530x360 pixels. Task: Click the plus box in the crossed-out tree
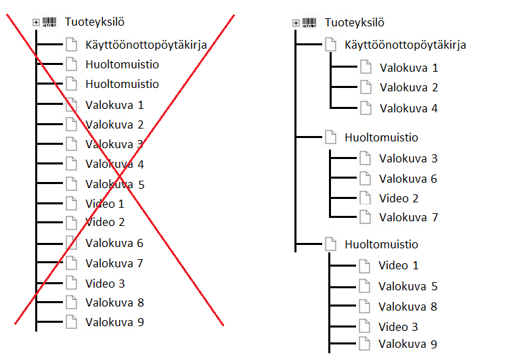point(36,22)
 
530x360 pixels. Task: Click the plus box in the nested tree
point(296,23)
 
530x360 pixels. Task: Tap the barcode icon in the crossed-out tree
point(50,22)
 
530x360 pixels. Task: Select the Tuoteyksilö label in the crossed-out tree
point(95,22)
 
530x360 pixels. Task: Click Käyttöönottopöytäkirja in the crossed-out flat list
point(146,45)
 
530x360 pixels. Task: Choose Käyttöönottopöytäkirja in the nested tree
point(405,45)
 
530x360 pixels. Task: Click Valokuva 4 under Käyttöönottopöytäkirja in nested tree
point(408,108)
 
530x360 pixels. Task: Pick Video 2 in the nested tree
point(399,198)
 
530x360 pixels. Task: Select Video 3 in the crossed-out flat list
point(105,284)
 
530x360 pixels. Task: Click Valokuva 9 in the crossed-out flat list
point(114,322)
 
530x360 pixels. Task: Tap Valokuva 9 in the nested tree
point(407,344)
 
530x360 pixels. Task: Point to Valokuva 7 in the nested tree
point(408,218)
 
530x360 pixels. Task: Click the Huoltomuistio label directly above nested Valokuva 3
point(381,137)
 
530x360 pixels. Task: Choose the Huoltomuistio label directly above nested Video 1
point(381,244)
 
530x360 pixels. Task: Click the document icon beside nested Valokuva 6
point(366,179)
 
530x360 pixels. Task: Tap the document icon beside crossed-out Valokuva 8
point(72,302)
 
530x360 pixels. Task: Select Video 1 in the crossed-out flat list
point(105,204)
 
